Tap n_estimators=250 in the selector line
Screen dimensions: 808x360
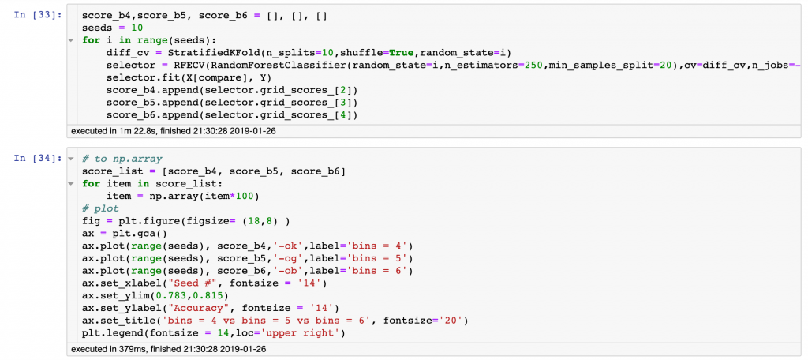498,65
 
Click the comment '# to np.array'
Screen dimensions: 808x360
118,158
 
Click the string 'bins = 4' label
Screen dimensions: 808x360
383,245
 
